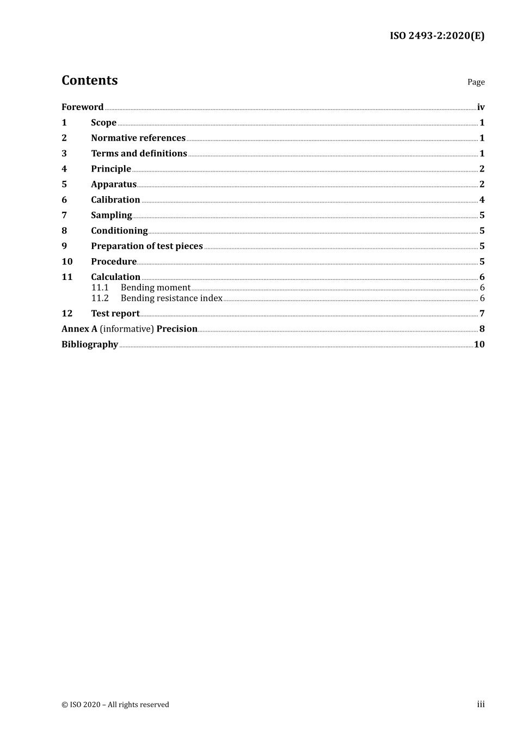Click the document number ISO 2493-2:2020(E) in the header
(436, 36)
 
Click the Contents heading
(89, 81)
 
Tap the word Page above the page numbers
(476, 82)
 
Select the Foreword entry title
(82, 107)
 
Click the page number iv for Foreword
(481, 107)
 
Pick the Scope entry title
(103, 123)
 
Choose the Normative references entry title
(138, 138)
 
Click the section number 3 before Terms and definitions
(64, 154)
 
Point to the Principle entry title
(111, 169)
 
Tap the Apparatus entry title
(114, 185)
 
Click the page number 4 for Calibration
(482, 200)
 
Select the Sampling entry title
(112, 215)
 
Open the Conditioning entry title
(119, 231)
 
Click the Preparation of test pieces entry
(147, 246)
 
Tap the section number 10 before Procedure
(67, 261)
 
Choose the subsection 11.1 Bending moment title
(156, 288)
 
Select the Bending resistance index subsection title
(171, 298)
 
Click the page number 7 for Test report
(482, 314)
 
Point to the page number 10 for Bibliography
(479, 344)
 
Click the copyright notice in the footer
(115, 705)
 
